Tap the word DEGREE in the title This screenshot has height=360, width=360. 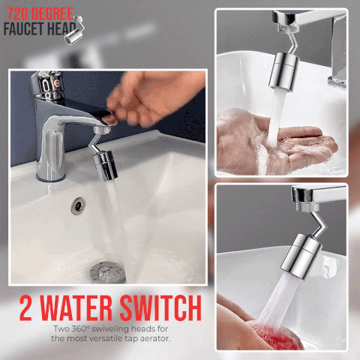coord(52,14)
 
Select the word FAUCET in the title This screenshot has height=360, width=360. coord(24,28)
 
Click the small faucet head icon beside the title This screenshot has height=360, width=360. coord(75,30)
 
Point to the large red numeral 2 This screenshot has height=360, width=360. coord(25,307)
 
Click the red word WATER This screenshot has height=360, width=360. coord(76,307)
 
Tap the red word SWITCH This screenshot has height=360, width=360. coord(160,307)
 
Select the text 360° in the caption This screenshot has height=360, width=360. coord(81,328)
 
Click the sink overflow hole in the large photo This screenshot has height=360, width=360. coord(78,205)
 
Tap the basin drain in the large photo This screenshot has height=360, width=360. coord(107,272)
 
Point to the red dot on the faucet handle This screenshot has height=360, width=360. coord(57,82)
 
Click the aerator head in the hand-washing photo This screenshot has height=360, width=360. coord(283,71)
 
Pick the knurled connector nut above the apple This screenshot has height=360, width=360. coord(308,208)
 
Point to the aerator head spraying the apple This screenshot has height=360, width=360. coord(301,256)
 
